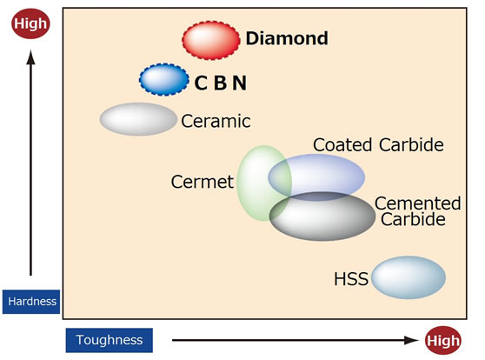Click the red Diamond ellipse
pyautogui.click(x=211, y=40)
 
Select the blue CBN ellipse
pyautogui.click(x=164, y=79)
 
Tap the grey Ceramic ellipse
pyautogui.click(x=138, y=119)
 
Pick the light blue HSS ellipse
pyautogui.click(x=409, y=277)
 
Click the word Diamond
pyautogui.click(x=287, y=38)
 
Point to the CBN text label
pyautogui.click(x=221, y=83)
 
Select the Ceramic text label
pyautogui.click(x=216, y=121)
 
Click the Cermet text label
pyautogui.click(x=203, y=182)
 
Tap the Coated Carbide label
pyautogui.click(x=378, y=144)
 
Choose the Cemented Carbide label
pyautogui.click(x=417, y=211)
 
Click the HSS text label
pyautogui.click(x=351, y=279)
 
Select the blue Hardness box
pyautogui.click(x=31, y=302)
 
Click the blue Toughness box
pyautogui.click(x=110, y=340)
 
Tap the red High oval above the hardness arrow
pyautogui.click(x=30, y=23)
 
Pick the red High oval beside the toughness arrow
pyautogui.click(x=443, y=341)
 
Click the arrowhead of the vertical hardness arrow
pyautogui.click(x=30, y=57)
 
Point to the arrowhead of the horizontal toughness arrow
pyautogui.click(x=412, y=340)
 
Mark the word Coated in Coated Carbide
pyautogui.click(x=342, y=144)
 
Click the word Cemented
pyautogui.click(x=417, y=203)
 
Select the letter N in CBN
pyautogui.click(x=239, y=83)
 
